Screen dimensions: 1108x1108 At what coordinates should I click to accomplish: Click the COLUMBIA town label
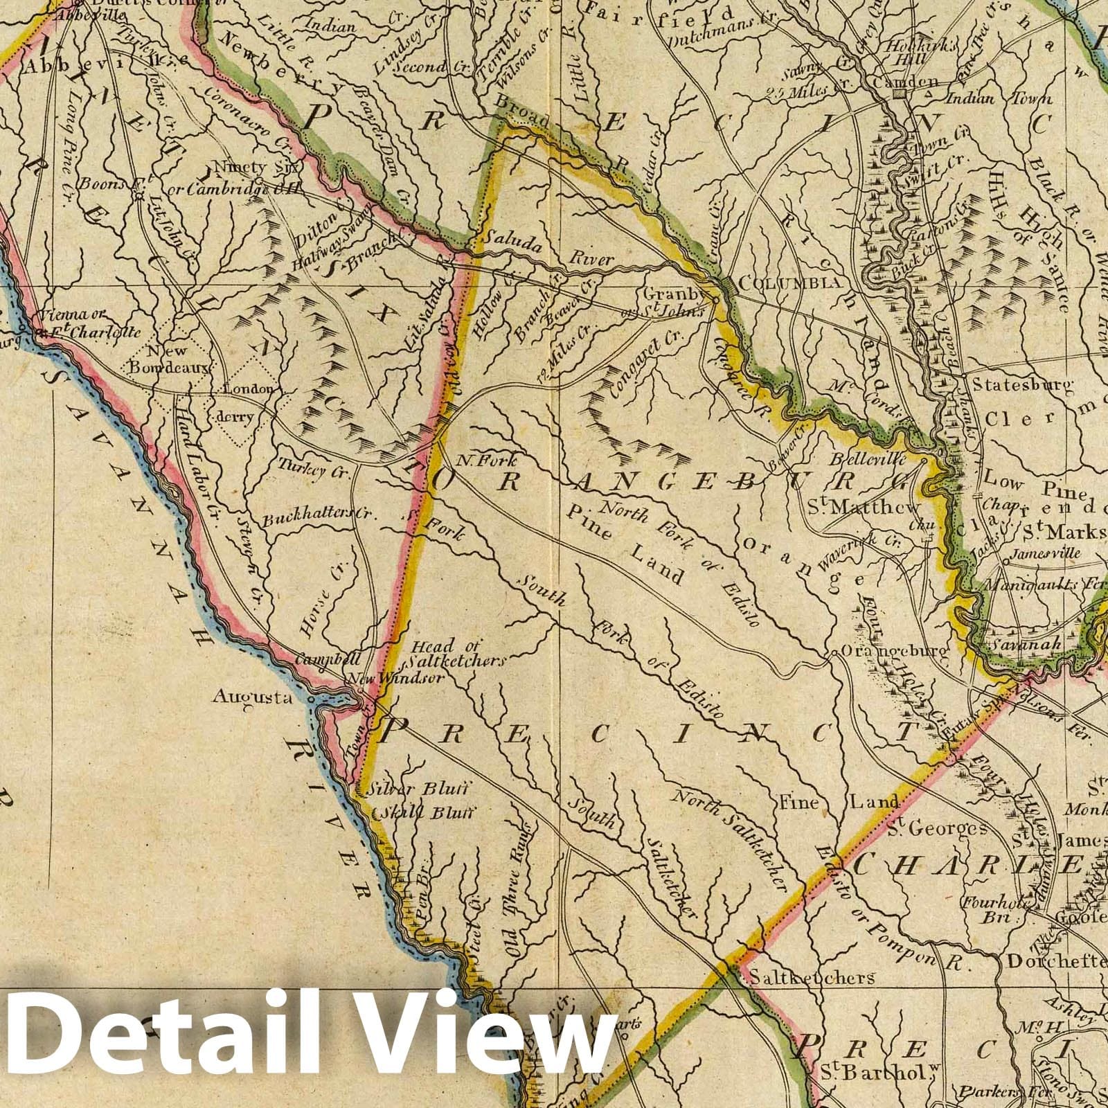(790, 283)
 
